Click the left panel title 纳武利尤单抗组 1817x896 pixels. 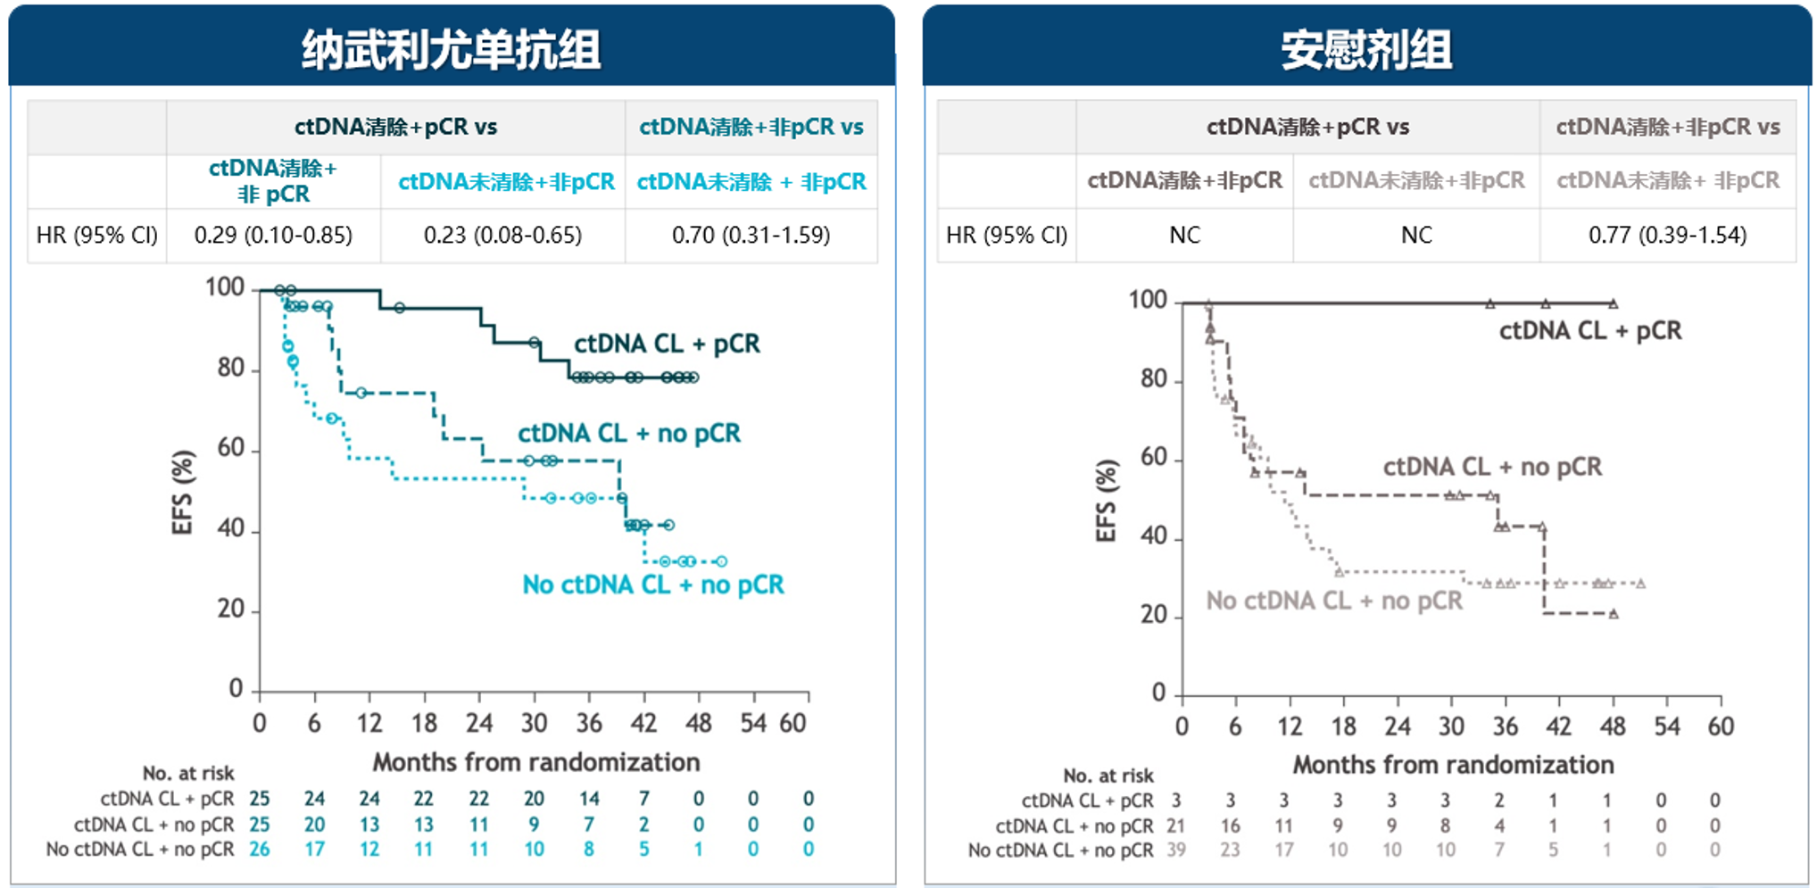click(451, 49)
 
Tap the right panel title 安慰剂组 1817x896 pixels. click(1365, 49)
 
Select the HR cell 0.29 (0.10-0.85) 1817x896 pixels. click(273, 235)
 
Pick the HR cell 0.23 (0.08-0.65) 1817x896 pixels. click(502, 235)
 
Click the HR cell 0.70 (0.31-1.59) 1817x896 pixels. click(751, 235)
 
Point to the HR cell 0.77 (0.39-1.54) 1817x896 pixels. click(1667, 235)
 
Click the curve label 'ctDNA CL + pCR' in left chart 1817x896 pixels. click(667, 344)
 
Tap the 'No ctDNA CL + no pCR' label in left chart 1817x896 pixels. click(652, 585)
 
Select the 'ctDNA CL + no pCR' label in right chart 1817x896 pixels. click(1492, 467)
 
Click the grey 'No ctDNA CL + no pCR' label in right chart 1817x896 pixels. click(1334, 601)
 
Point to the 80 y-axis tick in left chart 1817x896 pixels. click(230, 368)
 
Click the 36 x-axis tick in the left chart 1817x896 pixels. click(589, 723)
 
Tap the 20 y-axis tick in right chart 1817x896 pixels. click(1153, 615)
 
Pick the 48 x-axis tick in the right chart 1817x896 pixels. click(1613, 726)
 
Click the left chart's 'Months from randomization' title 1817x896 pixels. click(535, 762)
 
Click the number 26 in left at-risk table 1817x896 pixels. click(259, 849)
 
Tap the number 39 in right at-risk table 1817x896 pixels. click(1176, 850)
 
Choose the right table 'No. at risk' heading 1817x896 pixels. click(1108, 776)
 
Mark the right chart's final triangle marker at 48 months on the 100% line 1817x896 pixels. click(1613, 303)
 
